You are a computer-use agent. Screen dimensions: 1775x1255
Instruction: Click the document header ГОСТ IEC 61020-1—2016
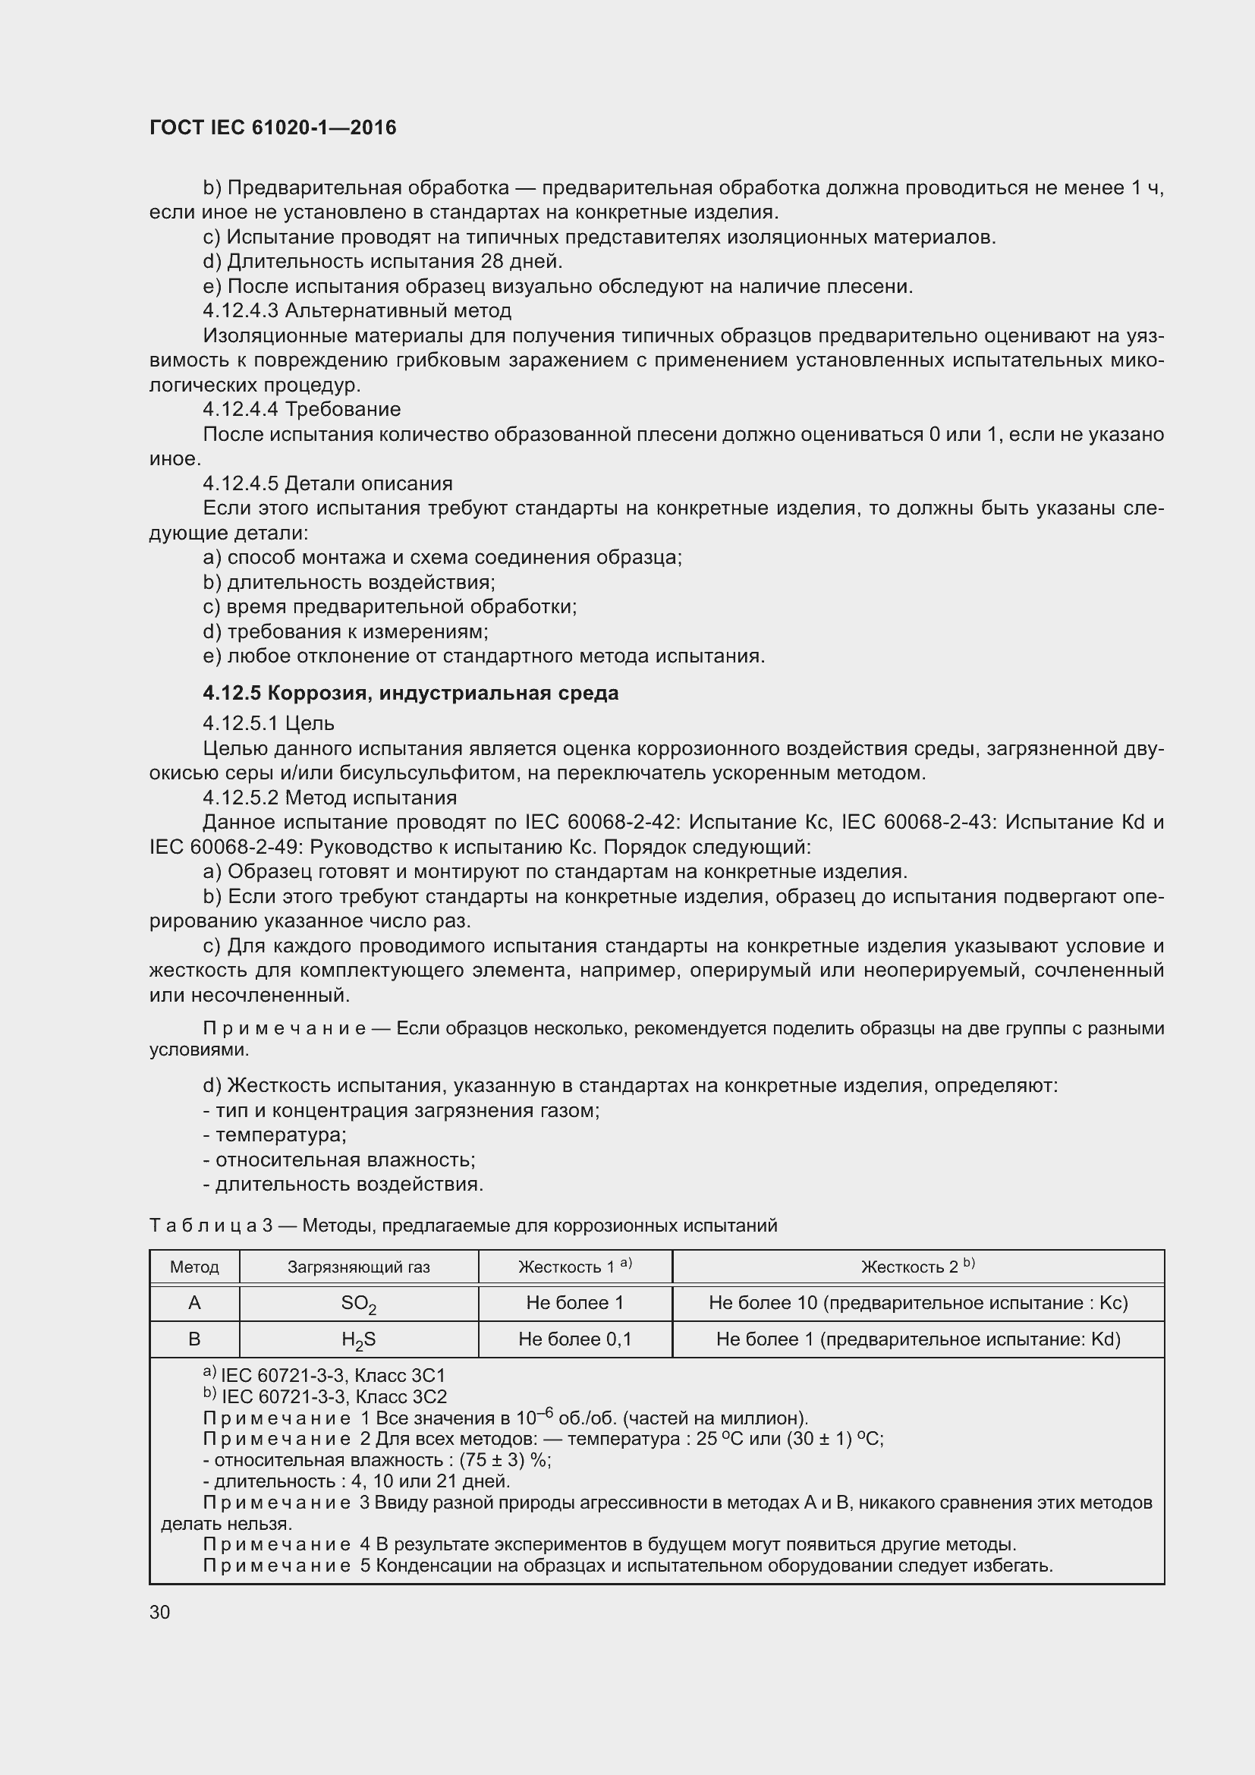[x=272, y=127]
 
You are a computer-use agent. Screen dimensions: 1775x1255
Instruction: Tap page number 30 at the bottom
[x=160, y=1612]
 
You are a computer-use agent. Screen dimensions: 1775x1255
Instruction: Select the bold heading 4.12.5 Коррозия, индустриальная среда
[x=410, y=693]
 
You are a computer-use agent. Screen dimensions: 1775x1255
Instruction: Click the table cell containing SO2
[x=359, y=1304]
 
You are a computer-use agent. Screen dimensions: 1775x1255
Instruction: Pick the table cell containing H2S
[x=359, y=1339]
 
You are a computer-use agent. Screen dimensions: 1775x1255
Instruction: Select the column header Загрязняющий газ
[x=359, y=1267]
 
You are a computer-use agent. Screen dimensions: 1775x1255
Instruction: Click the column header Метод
[x=194, y=1267]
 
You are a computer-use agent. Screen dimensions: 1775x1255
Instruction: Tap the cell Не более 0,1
[x=575, y=1339]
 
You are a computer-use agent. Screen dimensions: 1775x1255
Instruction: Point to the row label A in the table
[x=194, y=1303]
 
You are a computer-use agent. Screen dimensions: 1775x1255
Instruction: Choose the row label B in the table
[x=194, y=1339]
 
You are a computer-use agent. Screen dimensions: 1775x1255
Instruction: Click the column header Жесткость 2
[x=917, y=1267]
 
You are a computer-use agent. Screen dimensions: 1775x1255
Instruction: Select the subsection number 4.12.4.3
[x=242, y=311]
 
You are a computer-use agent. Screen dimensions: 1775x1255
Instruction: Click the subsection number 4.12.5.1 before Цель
[x=242, y=724]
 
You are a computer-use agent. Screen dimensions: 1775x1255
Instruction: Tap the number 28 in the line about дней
[x=492, y=261]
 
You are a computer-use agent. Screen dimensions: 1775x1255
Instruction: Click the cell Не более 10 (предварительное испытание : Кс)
[x=918, y=1303]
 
